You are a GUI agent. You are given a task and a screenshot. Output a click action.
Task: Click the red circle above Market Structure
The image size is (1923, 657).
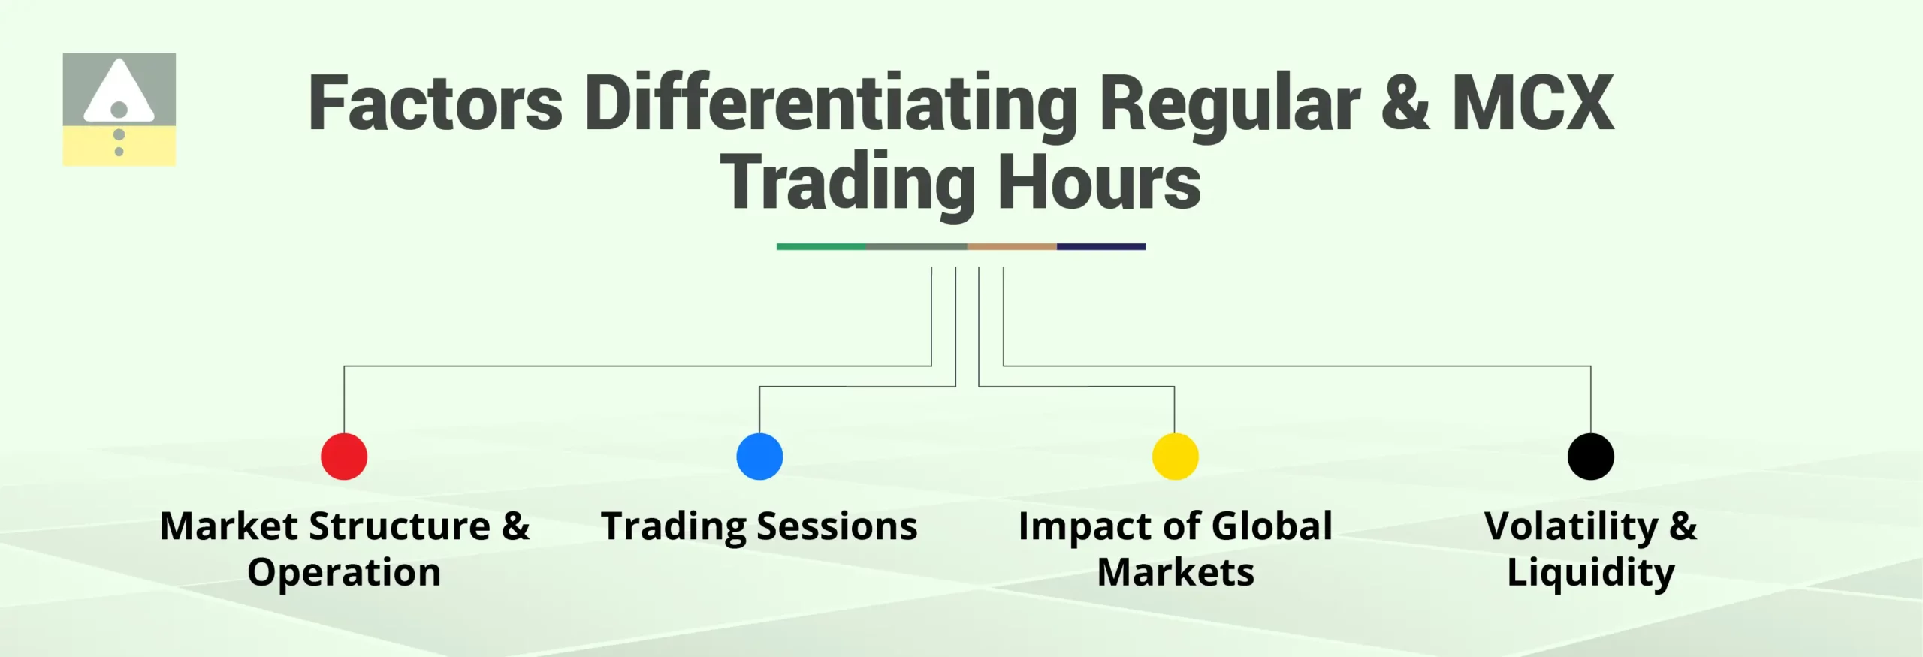coord(344,457)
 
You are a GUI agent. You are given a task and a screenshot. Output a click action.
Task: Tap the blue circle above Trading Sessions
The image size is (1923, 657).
coord(759,457)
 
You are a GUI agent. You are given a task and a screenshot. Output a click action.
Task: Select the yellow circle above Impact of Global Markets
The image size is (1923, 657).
coord(1175,457)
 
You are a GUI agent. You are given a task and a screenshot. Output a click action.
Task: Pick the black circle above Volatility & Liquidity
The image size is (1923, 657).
coord(1590,457)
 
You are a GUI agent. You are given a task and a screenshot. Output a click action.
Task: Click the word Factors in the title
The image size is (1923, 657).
coord(435,104)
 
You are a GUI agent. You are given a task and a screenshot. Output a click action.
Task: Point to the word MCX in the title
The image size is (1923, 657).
coord(1532,104)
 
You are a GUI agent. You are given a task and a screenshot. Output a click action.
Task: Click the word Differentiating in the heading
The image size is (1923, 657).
coord(831,104)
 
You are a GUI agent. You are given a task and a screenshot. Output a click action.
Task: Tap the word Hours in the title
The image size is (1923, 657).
coord(1099,182)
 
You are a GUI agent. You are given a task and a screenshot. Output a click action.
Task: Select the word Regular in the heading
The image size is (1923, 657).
coord(1230,104)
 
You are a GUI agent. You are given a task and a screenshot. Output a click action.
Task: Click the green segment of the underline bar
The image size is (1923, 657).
coord(820,246)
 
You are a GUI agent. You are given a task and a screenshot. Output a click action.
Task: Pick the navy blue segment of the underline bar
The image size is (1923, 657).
coord(1101,246)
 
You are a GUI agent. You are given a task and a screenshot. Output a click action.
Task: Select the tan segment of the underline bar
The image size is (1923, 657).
coord(1012,246)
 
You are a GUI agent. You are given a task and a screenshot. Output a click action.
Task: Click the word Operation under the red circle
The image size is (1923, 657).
coord(344,573)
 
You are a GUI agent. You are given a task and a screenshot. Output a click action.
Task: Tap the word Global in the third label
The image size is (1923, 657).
coord(1272,526)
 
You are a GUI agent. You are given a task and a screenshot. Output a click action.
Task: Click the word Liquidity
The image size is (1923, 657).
coord(1590,573)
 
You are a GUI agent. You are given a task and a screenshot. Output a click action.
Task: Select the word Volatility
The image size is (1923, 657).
coord(1571,526)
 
